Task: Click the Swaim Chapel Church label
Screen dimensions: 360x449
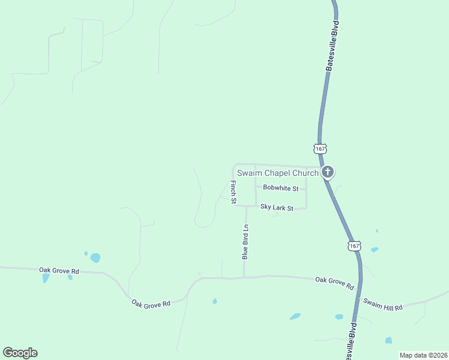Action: click(277, 173)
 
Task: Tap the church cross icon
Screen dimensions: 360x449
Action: click(327, 173)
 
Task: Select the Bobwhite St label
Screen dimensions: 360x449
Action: click(280, 188)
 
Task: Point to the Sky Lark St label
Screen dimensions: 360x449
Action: click(276, 208)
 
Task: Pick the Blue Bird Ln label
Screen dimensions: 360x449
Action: click(245, 242)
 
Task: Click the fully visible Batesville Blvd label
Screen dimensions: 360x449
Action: click(333, 47)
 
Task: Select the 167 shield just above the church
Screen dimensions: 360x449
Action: click(319, 148)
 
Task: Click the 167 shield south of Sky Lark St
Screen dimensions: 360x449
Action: click(354, 245)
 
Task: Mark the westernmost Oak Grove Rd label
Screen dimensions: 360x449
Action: click(59, 271)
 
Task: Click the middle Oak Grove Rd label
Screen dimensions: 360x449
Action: click(151, 304)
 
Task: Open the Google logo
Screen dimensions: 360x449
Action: click(20, 353)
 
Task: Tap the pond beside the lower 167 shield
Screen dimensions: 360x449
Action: click(375, 250)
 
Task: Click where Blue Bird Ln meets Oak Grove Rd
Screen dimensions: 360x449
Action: click(244, 277)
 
